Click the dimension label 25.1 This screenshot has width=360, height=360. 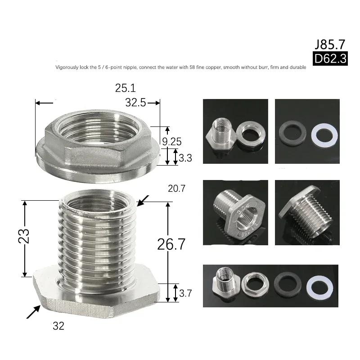point(126,88)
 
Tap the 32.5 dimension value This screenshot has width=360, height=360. point(136,103)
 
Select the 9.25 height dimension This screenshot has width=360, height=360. point(172,142)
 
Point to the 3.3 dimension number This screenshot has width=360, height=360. point(185,158)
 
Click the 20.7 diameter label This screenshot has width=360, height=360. point(176,189)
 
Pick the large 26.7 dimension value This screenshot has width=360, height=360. point(171,244)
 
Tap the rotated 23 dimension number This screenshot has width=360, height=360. point(24,236)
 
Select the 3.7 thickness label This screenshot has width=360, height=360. point(185,293)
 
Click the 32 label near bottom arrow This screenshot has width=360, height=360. point(58,326)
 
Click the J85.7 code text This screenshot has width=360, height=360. point(330,44)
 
